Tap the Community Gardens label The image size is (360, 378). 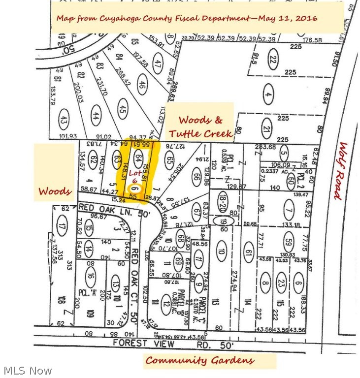[x=199, y=360]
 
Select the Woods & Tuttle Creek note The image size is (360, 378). [x=199, y=126]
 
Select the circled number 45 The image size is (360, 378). [x=123, y=109]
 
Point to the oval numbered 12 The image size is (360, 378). [x=164, y=304]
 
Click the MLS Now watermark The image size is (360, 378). [x=27, y=370]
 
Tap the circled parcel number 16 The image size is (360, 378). [x=90, y=276]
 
